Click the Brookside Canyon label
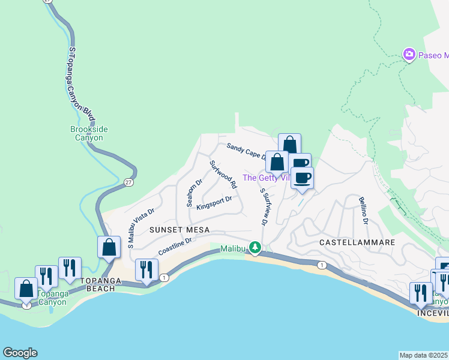tap(86, 133)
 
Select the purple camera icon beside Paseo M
tap(409, 55)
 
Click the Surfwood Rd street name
tap(223, 175)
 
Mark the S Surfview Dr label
tap(263, 207)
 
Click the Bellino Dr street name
tap(363, 211)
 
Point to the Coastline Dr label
tap(174, 245)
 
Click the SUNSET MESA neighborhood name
tap(179, 230)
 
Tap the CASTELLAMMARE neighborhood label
tap(357, 242)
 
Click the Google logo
tap(20, 353)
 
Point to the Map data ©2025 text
tap(424, 355)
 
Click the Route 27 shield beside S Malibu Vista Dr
tap(128, 182)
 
